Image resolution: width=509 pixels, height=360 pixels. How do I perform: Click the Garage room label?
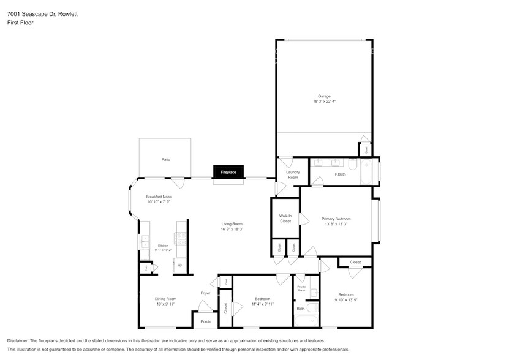click(x=324, y=96)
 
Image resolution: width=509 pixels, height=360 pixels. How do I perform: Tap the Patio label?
click(x=165, y=160)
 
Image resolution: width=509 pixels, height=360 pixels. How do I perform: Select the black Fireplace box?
click(x=228, y=173)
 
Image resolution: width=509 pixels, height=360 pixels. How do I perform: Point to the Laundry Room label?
click(x=293, y=174)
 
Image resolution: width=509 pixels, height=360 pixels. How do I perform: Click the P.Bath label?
click(x=340, y=175)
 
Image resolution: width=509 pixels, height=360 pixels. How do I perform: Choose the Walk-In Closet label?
click(x=285, y=218)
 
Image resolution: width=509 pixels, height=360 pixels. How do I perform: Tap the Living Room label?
click(x=232, y=223)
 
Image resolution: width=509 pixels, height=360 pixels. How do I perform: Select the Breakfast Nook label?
click(x=158, y=197)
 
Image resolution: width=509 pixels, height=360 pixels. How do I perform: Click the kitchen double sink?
click(x=145, y=243)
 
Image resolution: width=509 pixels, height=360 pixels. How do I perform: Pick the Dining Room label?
click(x=165, y=299)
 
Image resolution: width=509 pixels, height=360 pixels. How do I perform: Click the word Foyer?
click(x=206, y=293)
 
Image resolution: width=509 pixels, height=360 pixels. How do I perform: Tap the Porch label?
click(x=205, y=321)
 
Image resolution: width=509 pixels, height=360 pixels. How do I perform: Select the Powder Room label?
click(x=301, y=288)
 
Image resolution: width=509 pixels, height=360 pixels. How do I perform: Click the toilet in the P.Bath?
click(x=353, y=165)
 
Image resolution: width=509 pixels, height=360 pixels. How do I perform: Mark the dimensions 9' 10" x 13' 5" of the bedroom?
click(x=345, y=300)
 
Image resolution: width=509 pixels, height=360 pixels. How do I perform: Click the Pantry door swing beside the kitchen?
click(x=153, y=268)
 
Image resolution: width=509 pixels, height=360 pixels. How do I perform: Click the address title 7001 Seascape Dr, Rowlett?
click(x=34, y=13)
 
